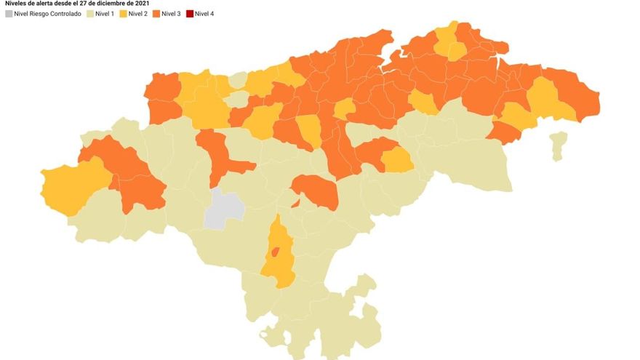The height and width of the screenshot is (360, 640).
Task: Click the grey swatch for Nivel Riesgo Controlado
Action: [9, 14]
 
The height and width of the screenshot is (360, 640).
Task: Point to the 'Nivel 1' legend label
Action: [105, 14]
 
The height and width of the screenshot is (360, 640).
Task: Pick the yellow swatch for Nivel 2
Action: [123, 14]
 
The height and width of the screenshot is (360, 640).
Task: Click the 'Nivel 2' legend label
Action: [138, 14]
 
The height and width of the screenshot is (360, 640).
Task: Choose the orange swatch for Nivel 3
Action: [156, 14]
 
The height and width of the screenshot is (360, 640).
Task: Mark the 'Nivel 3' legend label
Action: [172, 14]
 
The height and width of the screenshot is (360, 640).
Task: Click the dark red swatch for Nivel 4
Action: [189, 14]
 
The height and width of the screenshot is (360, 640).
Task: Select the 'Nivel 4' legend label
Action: [204, 14]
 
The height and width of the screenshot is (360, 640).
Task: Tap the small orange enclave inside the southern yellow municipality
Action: [275, 252]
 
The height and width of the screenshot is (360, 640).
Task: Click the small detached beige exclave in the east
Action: [558, 145]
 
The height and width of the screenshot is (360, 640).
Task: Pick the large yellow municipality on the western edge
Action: [71, 186]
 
